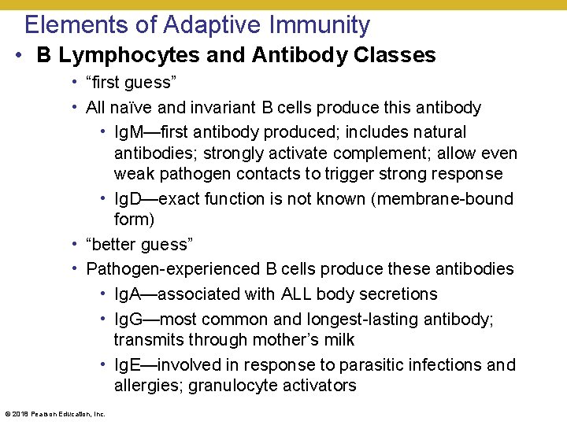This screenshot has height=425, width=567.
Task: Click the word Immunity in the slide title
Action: click(x=319, y=25)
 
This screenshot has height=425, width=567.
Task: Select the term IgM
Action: click(x=129, y=132)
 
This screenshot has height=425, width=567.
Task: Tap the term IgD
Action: click(x=128, y=199)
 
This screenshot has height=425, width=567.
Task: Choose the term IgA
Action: click(x=128, y=294)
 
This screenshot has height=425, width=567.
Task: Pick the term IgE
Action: click(x=128, y=365)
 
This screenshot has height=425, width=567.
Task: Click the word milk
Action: click(x=338, y=340)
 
